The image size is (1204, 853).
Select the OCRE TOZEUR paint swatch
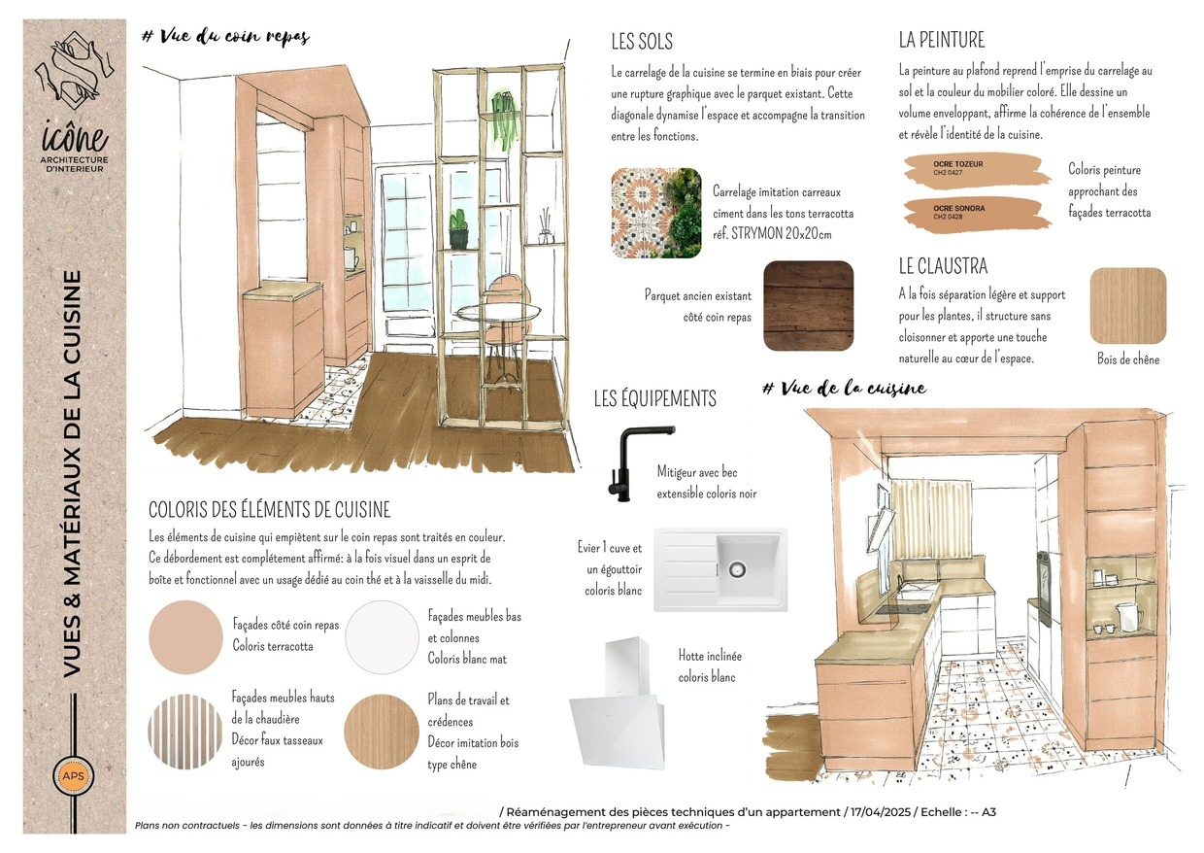click(x=977, y=170)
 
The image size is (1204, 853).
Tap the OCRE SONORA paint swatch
click(x=977, y=214)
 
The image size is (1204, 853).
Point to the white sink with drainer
click(x=720, y=569)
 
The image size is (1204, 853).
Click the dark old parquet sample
click(x=808, y=306)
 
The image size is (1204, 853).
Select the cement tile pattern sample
click(x=656, y=213)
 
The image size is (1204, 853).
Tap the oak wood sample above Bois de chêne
click(x=1127, y=305)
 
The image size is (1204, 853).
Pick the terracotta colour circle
click(x=185, y=637)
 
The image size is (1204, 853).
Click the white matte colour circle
click(x=382, y=637)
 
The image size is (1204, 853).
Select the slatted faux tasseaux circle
click(x=185, y=732)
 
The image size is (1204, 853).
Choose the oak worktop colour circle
click(x=382, y=732)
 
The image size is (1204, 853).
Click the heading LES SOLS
click(x=642, y=42)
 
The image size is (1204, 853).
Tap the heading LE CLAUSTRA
click(x=943, y=265)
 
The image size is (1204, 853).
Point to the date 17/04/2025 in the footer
click(x=881, y=812)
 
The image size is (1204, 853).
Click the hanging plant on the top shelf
click(x=505, y=122)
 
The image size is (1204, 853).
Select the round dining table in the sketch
click(x=500, y=312)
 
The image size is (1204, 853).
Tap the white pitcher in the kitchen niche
click(x=1129, y=617)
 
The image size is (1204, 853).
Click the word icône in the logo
click(x=75, y=138)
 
